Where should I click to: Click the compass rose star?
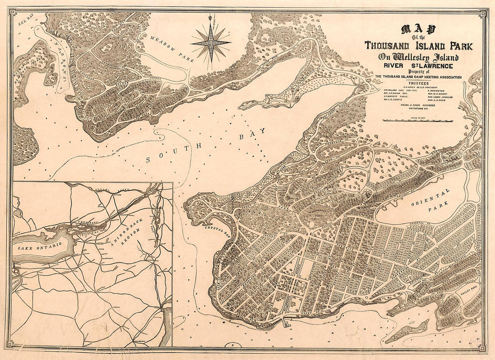point(210,43)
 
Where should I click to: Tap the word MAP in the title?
point(418,31)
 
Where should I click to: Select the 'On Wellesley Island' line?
point(418,57)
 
